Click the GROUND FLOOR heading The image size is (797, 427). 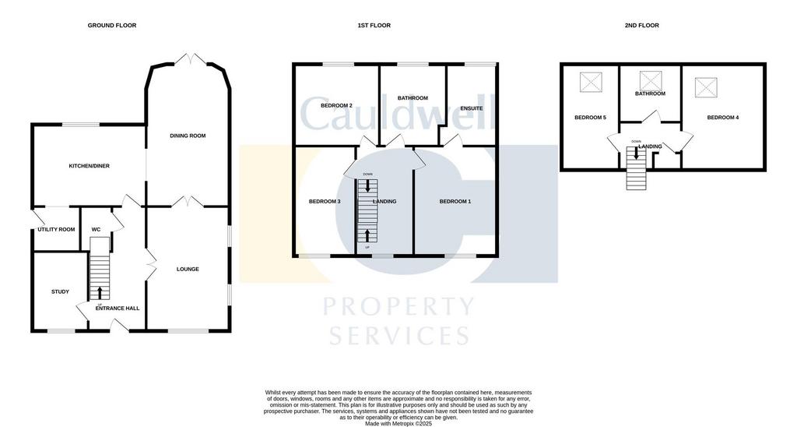pos(112,26)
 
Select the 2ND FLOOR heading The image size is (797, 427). pos(641,26)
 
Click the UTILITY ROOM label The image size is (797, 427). pos(56,230)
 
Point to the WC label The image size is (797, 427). pos(96,230)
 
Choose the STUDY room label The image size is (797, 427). pos(60,291)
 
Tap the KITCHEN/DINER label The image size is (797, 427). pos(90,166)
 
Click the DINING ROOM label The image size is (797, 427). pos(188,136)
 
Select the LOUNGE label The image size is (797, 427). pos(188,270)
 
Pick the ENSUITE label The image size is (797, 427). pos(472,108)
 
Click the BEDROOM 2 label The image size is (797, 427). pos(336,106)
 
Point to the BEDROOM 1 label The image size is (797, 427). pos(455,202)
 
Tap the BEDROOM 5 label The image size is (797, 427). pos(590,118)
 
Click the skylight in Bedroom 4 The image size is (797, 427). pos(706,87)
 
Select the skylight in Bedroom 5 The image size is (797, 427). pos(591,82)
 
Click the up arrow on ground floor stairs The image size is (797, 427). pos(99,293)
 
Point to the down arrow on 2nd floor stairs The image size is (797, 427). pos(636,154)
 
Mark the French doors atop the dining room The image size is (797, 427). pos(190,58)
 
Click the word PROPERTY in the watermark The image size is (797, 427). pos(398,307)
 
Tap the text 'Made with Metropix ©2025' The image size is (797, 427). pos(398,423)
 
